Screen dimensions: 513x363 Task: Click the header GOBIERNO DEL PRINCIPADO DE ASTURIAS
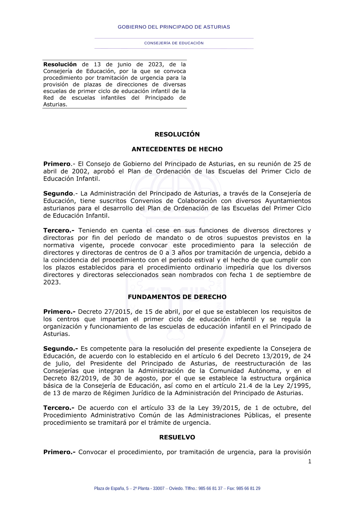[x=174, y=27]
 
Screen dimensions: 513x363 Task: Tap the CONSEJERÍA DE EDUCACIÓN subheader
[x=174, y=43]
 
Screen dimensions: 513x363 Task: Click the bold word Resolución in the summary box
[x=60, y=65]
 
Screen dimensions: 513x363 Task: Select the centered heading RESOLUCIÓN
[x=177, y=134]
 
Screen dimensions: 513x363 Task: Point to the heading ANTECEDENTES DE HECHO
[x=177, y=149]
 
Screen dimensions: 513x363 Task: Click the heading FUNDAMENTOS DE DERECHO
[x=177, y=297]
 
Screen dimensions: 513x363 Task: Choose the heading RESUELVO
[x=177, y=437]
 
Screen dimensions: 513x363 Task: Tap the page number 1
[x=310, y=461]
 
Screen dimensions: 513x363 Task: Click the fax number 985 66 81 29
[x=248, y=489]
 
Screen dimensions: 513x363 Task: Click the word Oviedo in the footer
[x=176, y=489]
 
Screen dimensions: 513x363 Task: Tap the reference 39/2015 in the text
[x=228, y=408]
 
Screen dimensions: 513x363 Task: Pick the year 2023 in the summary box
[x=155, y=65]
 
